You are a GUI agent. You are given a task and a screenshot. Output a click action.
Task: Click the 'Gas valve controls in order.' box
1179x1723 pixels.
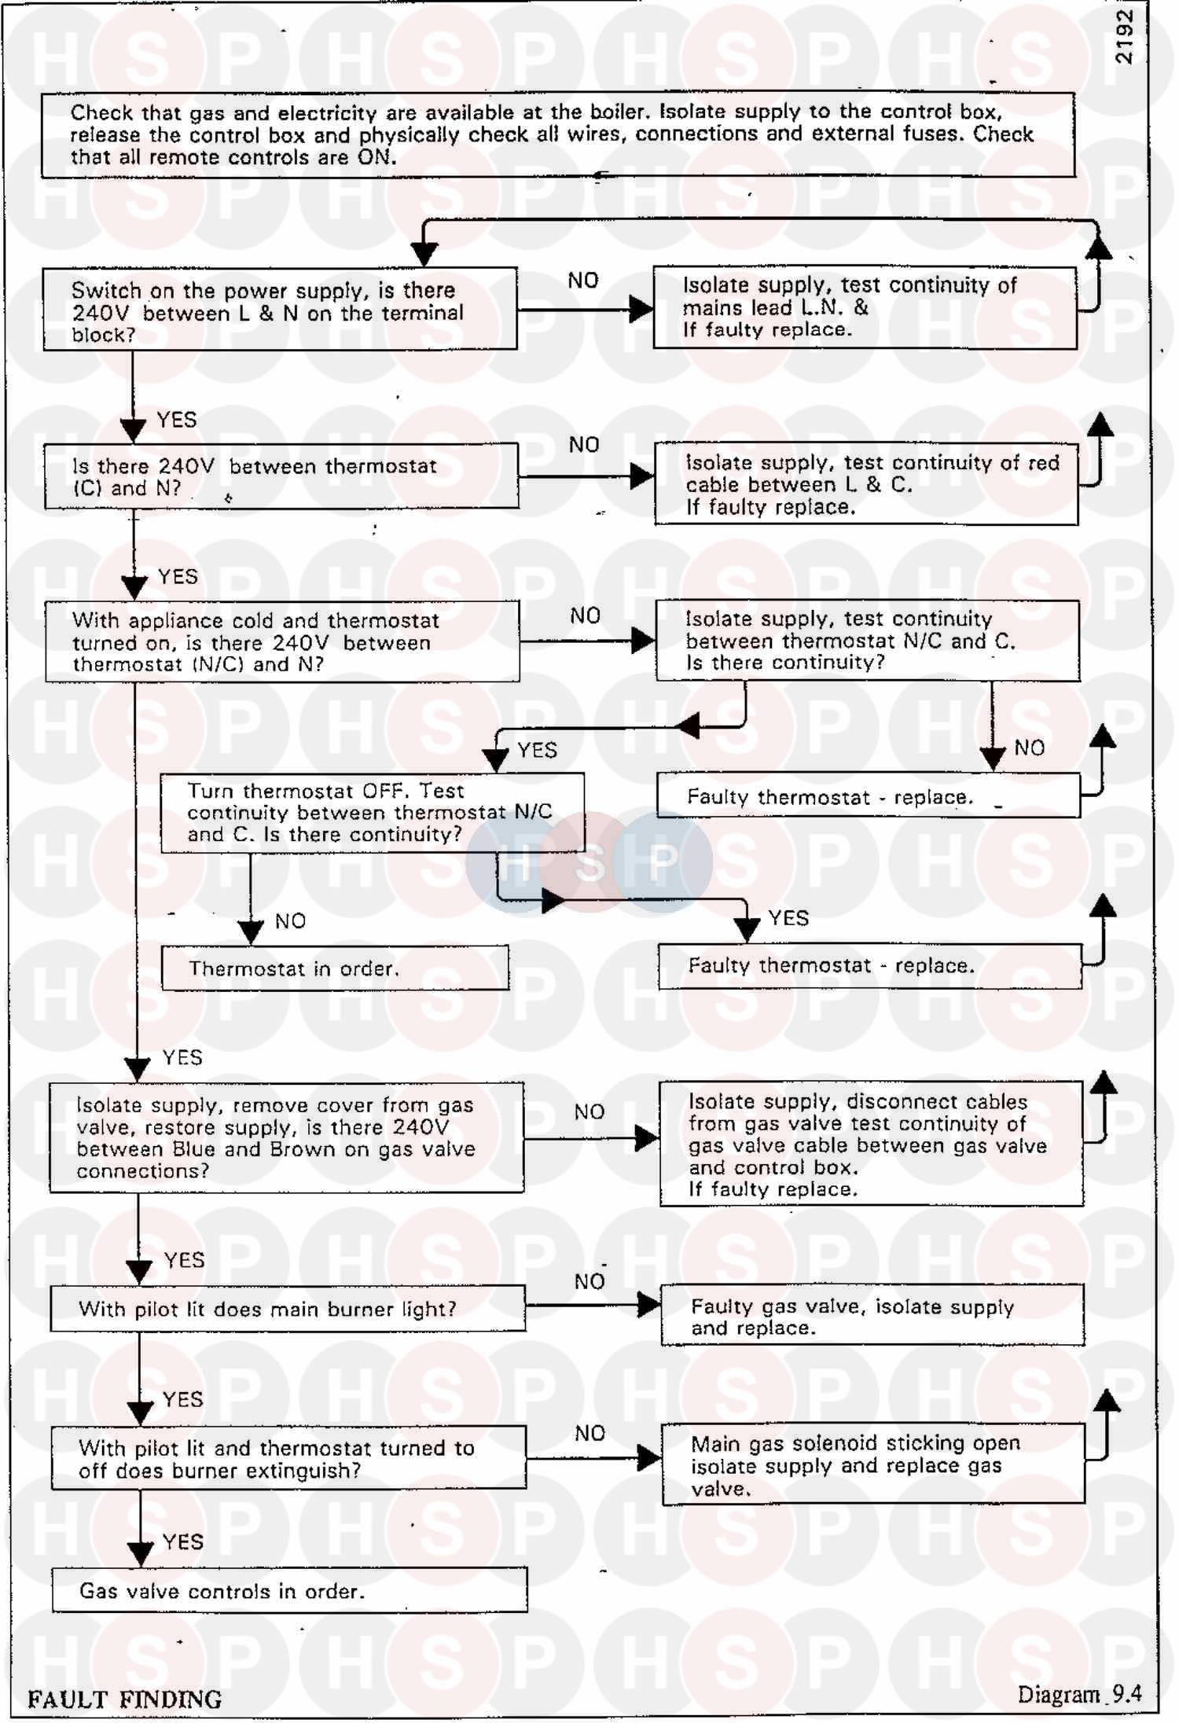click(289, 1590)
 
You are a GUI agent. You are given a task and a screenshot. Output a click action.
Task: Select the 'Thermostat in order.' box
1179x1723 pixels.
click(335, 968)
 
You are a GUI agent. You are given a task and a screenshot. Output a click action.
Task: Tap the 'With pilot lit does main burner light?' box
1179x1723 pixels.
click(288, 1309)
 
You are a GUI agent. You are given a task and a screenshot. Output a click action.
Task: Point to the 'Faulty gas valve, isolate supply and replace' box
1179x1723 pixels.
click(872, 1317)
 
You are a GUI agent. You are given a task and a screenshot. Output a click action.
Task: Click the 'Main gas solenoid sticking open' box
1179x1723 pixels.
click(872, 1465)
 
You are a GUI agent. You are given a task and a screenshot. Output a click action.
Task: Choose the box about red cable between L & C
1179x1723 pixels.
click(866, 484)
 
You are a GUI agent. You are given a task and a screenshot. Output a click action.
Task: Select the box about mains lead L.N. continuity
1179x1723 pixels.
click(865, 307)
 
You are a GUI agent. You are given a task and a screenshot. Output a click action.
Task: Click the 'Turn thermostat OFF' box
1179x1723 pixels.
click(373, 813)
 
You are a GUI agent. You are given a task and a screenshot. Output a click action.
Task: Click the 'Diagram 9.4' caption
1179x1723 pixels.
click(1079, 1694)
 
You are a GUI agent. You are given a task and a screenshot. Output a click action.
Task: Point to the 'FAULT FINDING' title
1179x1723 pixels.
click(125, 1699)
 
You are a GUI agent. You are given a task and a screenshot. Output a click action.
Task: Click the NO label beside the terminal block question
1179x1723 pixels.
click(583, 281)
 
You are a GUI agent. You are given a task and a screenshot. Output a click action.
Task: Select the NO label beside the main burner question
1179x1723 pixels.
click(589, 1282)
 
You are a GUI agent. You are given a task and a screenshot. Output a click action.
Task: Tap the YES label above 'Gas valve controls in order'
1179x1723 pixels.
click(183, 1541)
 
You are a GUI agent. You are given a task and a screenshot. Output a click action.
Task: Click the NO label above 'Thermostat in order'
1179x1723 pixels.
click(290, 921)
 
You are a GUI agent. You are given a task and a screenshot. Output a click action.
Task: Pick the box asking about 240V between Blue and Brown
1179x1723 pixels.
click(287, 1137)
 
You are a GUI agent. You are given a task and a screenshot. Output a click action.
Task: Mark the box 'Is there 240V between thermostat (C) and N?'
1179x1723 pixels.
click(281, 476)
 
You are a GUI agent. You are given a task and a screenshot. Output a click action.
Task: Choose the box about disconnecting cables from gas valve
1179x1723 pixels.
click(871, 1144)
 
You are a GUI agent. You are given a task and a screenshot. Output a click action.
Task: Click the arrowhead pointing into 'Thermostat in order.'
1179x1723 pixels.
click(251, 932)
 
